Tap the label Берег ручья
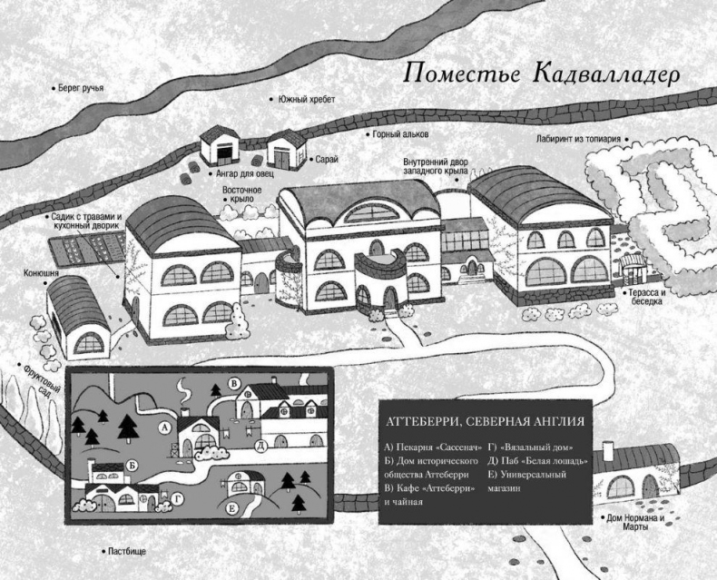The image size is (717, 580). coord(80,88)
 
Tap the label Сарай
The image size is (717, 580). coord(327,159)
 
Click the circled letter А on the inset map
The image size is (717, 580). coord(165,425)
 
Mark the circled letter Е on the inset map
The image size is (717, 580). coord(233,507)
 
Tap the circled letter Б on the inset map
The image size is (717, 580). coord(133,465)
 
